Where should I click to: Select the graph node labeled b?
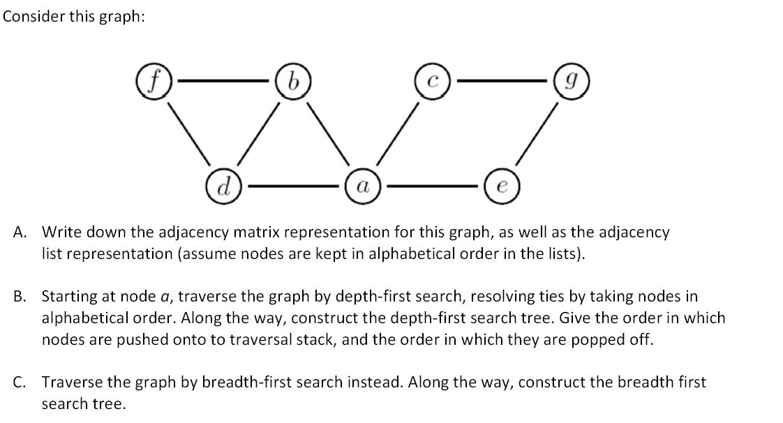[293, 82]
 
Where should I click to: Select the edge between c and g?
[503, 82]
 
